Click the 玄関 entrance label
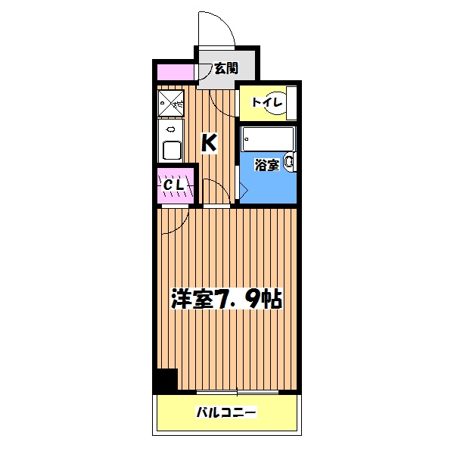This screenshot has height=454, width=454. (x=225, y=68)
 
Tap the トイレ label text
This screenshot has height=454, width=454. (x=267, y=102)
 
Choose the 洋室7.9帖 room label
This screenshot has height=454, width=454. (x=227, y=300)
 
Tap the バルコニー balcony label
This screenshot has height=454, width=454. (x=227, y=413)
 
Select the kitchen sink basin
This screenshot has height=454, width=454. (x=170, y=151)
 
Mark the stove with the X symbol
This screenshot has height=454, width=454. (x=172, y=104)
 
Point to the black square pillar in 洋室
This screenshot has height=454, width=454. (x=165, y=380)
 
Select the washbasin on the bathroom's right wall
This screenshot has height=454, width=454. (x=289, y=161)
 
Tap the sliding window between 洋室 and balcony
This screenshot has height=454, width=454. (x=238, y=393)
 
